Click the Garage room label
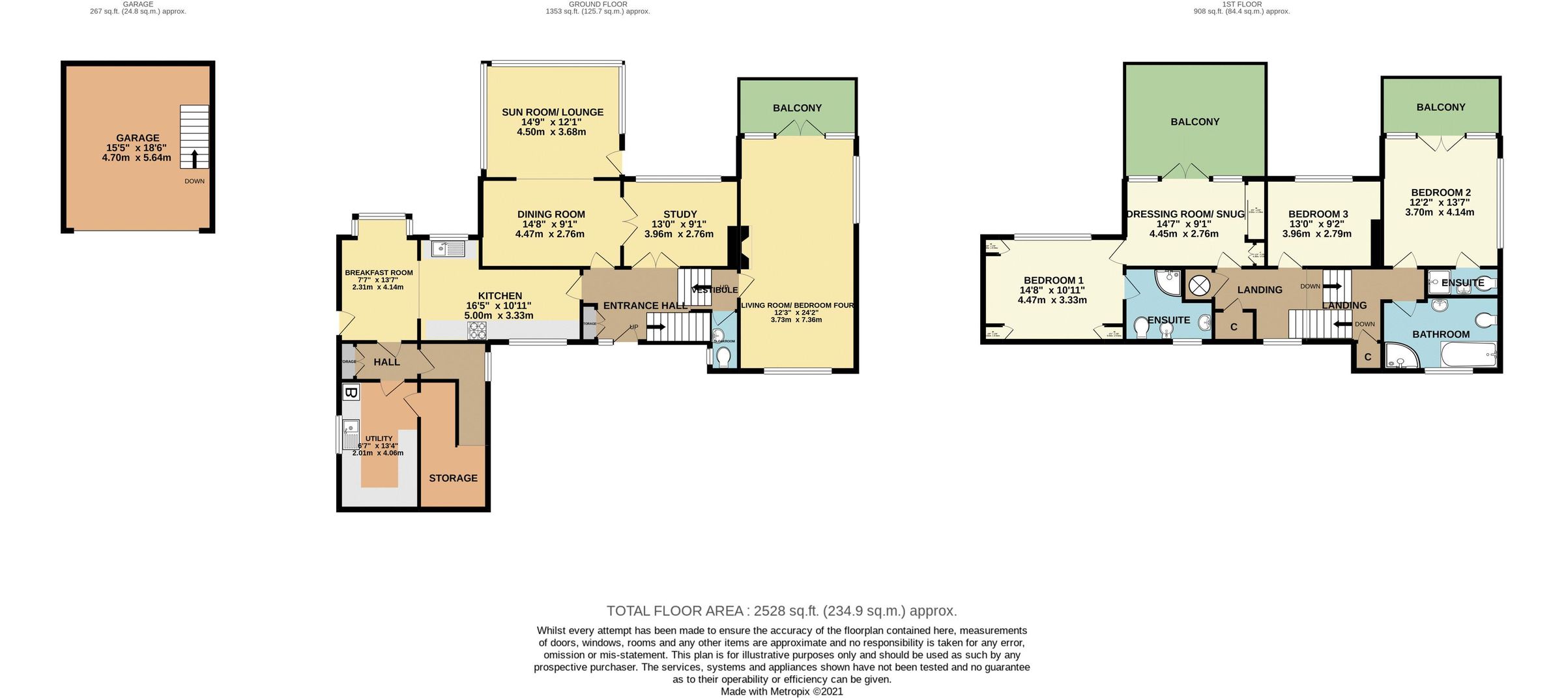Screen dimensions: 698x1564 (138, 138)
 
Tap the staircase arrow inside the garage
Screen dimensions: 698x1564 (194, 157)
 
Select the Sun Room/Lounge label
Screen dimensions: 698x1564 (553, 112)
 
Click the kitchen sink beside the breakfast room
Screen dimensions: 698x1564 (448, 248)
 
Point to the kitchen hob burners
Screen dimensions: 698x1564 (476, 332)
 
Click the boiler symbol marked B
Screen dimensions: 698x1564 (351, 392)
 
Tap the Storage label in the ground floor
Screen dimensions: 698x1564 (453, 478)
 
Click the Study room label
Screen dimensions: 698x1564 (680, 214)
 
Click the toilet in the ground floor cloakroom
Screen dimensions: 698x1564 (723, 357)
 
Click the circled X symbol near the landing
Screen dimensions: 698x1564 (1199, 285)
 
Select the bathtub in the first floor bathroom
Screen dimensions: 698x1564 (1469, 356)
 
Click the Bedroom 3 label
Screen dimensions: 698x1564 (1318, 214)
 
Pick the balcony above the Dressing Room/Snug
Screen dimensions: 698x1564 (1195, 121)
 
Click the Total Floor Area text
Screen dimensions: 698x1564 (781, 611)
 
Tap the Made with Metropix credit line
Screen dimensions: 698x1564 (781, 691)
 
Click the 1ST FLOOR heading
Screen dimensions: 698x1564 (1241, 4)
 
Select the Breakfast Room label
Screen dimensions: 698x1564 (379, 272)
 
